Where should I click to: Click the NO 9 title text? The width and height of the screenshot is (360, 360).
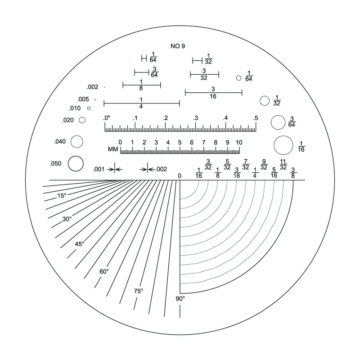click(178, 46)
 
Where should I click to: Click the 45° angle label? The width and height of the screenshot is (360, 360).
click(80, 244)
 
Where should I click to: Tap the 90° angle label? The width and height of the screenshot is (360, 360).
click(180, 298)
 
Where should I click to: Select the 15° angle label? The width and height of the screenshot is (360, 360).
click(62, 196)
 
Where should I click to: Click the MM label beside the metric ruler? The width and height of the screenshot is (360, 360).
click(113, 149)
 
